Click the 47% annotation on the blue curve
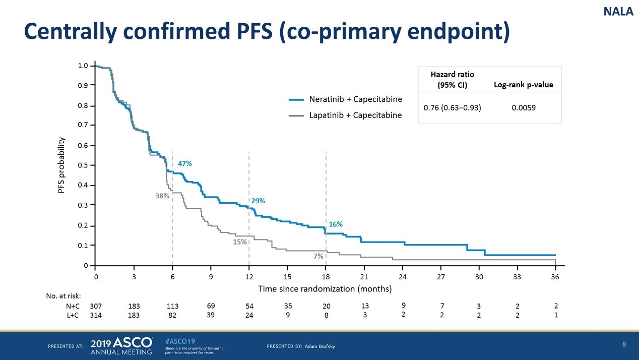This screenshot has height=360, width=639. pos(185,164)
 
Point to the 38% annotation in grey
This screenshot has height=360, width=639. pos(162,197)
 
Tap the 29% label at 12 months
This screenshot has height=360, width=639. pos(258,201)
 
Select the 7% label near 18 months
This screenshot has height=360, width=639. pos(318,256)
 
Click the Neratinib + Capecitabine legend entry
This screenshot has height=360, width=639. pos(355,99)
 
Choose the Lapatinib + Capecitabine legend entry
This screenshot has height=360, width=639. pos(355,115)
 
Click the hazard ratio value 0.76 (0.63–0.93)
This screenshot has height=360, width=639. pos(452,107)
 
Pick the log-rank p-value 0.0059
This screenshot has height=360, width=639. pos(524,107)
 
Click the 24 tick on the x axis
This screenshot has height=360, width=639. pos(403,277)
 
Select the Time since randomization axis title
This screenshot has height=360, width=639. pos(325,289)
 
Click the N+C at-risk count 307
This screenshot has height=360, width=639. pos(96,306)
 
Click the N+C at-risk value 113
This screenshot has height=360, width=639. pos(173,306)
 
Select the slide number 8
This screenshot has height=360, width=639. pos(624,345)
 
